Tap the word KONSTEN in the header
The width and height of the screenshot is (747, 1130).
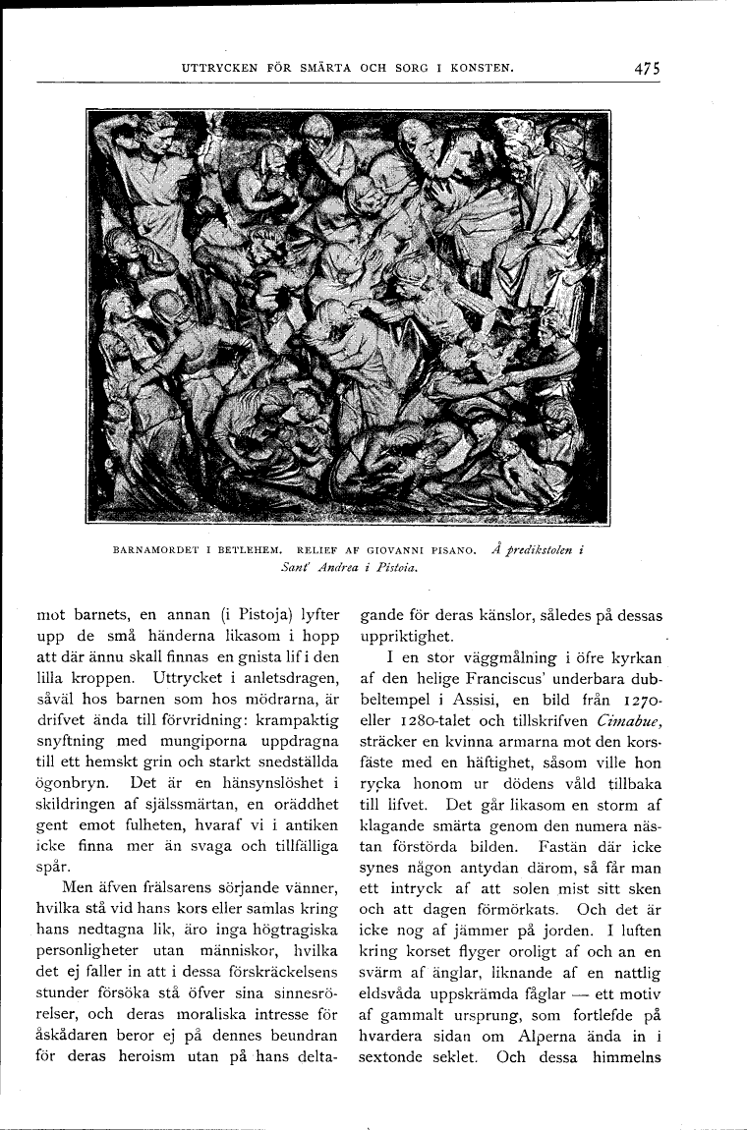[482, 69]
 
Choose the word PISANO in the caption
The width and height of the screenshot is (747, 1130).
[453, 550]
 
